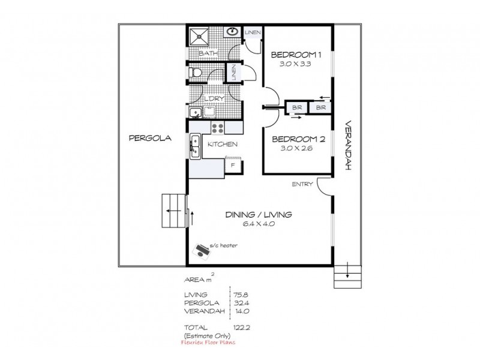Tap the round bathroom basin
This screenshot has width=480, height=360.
pyautogui.click(x=233, y=32)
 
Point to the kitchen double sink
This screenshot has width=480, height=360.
pyautogui.click(x=195, y=146)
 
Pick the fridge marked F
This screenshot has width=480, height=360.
pyautogui.click(x=233, y=164)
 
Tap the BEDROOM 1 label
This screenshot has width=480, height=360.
pyautogui.click(x=297, y=55)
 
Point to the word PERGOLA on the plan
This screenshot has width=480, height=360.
pyautogui.click(x=151, y=137)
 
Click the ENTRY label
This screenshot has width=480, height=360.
pyautogui.click(x=301, y=184)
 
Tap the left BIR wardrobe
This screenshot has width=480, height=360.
pyautogui.click(x=296, y=107)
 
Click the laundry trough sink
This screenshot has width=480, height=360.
pyautogui.click(x=195, y=112)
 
